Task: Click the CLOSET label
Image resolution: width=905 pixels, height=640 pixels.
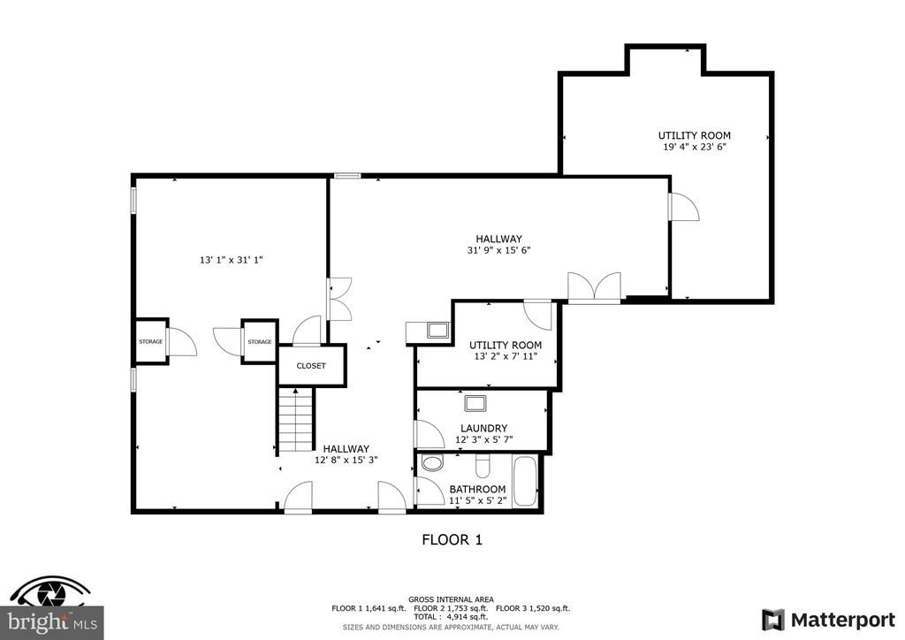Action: tap(311, 366)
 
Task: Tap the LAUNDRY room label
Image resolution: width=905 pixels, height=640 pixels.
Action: tap(483, 428)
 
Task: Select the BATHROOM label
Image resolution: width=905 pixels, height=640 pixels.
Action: tap(477, 489)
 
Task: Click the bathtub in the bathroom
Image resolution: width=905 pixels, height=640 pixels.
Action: tap(525, 481)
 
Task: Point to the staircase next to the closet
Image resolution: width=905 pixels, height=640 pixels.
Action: tap(296, 420)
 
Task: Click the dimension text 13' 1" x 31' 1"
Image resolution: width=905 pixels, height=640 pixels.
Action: tap(232, 260)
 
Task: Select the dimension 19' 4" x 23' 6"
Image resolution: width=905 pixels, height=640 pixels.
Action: tap(695, 147)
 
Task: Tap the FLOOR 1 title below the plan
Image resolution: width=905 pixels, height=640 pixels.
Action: tap(452, 539)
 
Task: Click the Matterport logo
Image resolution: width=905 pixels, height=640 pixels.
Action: tap(829, 620)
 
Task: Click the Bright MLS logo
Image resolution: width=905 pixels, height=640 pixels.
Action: tap(52, 607)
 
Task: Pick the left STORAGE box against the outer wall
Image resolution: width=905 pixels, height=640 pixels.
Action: tap(151, 341)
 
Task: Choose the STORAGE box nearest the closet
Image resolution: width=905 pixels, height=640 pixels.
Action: tap(260, 341)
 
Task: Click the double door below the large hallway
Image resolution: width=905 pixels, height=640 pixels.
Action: tap(595, 286)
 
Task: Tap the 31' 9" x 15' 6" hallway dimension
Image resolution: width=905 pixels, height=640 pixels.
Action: tap(498, 250)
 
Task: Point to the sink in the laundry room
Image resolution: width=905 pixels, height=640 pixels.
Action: tap(475, 403)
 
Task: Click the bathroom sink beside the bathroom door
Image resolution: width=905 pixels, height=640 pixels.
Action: tap(431, 462)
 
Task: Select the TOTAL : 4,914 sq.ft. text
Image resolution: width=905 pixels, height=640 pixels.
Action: tap(451, 617)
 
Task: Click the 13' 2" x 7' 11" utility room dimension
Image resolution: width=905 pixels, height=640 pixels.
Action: tap(506, 356)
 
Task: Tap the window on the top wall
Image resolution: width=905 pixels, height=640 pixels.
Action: tap(348, 175)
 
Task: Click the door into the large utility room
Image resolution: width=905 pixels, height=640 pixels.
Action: tap(684, 207)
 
